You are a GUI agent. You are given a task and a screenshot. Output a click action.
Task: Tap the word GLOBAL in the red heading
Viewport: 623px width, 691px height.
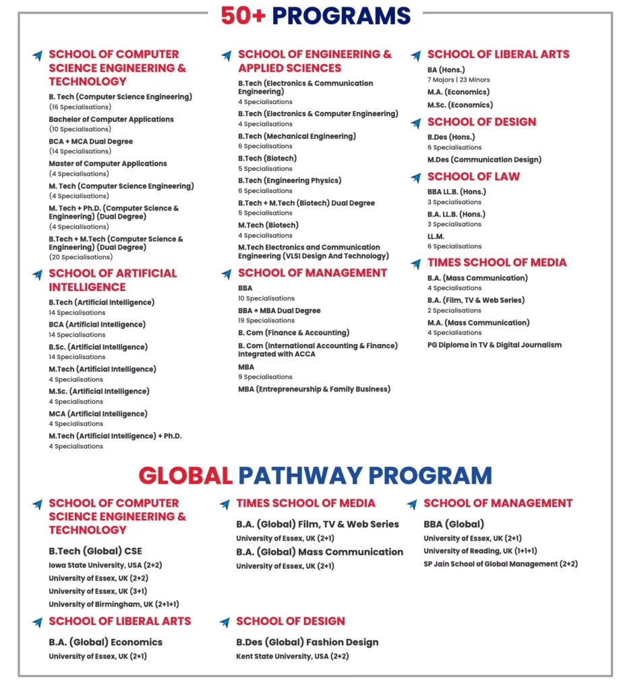pyautogui.click(x=185, y=475)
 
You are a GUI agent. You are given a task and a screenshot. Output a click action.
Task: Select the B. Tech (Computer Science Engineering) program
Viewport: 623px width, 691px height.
pyautogui.click(x=120, y=96)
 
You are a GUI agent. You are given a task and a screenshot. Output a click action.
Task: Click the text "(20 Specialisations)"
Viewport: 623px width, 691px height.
pyautogui.click(x=80, y=257)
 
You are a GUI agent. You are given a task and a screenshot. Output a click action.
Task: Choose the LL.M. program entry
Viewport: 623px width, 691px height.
pyautogui.click(x=436, y=236)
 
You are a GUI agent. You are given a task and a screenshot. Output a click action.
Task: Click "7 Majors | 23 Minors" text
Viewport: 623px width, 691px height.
pyautogui.click(x=458, y=80)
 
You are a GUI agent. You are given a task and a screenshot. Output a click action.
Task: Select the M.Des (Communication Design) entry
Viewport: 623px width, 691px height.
pyautogui.click(x=484, y=160)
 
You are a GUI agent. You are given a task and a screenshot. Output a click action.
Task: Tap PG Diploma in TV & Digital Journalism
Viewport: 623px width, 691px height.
pyautogui.click(x=494, y=345)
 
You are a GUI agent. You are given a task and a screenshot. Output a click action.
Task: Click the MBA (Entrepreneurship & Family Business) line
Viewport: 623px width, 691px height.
pyautogui.click(x=314, y=389)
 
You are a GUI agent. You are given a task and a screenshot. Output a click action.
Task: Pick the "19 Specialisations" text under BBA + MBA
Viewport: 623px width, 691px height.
pyautogui.click(x=266, y=321)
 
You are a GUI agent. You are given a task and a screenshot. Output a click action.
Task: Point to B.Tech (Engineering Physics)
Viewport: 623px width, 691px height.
pyautogui.click(x=289, y=180)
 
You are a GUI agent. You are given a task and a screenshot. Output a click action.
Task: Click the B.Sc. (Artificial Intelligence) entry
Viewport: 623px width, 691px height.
pyautogui.click(x=98, y=347)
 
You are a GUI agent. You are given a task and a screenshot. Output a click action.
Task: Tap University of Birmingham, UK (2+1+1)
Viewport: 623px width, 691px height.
pyautogui.click(x=113, y=604)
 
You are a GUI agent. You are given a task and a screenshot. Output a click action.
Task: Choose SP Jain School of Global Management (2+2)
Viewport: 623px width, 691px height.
pyautogui.click(x=500, y=563)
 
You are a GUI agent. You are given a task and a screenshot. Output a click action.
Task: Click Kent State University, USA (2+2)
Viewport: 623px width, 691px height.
pyautogui.click(x=292, y=656)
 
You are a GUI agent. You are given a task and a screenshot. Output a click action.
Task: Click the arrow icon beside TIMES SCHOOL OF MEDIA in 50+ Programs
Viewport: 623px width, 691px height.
pyautogui.click(x=416, y=264)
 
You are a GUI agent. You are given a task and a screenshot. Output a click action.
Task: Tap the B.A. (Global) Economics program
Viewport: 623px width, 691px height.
pyautogui.click(x=105, y=642)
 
